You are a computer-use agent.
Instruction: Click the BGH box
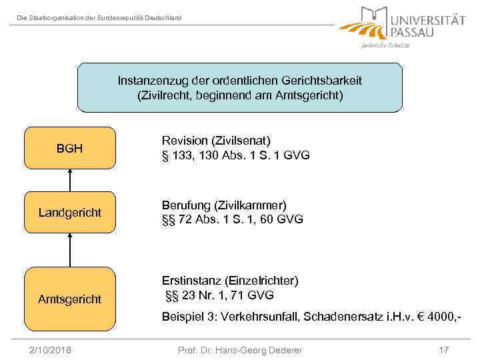click(69, 147)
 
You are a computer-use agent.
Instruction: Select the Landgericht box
click(69, 213)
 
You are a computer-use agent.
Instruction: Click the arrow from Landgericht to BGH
click(69, 180)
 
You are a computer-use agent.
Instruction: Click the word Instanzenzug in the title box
click(149, 81)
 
